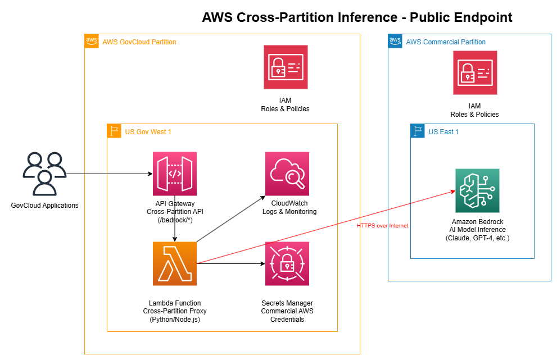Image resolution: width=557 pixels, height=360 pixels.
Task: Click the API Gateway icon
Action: coord(175,174)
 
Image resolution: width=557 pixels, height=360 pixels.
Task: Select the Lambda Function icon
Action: coord(175,263)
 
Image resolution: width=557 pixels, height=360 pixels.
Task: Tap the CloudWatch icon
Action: coord(287,174)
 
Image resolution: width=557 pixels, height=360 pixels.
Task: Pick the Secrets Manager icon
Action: coord(287,263)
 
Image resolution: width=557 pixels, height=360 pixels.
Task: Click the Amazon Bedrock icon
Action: coord(477,190)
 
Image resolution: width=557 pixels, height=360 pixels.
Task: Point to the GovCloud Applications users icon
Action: coord(44,173)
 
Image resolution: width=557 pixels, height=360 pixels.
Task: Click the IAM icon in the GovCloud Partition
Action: coord(286,67)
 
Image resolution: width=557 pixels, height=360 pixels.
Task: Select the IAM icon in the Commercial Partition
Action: coord(475,72)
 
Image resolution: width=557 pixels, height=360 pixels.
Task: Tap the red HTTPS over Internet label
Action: coord(382,226)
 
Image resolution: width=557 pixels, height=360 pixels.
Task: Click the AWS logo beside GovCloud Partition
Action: coord(92,41)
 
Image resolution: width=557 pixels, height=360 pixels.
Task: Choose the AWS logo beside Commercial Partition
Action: coord(395,41)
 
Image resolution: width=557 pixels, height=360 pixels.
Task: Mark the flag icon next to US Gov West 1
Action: coord(114,131)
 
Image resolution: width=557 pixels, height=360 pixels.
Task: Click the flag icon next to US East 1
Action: coord(418,131)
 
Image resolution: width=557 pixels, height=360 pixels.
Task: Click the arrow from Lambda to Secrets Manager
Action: coord(230,263)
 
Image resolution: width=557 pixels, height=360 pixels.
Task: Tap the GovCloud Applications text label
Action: coord(44,205)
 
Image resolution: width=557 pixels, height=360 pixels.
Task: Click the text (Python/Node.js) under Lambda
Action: coord(175,320)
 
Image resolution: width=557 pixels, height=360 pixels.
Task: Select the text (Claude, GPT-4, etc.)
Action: coord(477,238)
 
